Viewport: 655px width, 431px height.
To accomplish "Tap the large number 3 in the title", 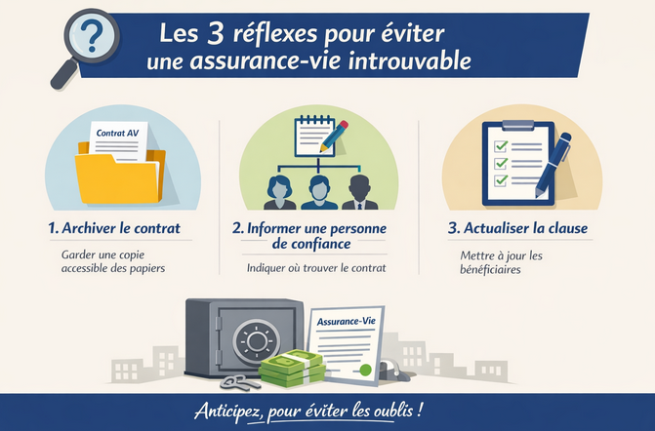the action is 217,34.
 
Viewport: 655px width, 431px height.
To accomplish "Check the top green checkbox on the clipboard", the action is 501,145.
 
